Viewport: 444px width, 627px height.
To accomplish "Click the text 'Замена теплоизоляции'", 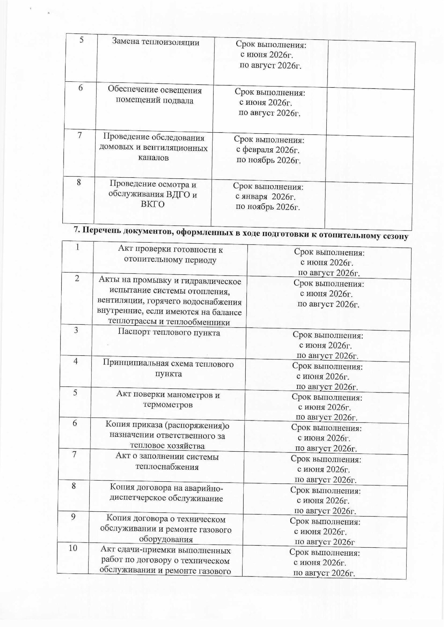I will (x=156, y=42).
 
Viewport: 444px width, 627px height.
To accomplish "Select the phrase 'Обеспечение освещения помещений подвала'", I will (x=155, y=95).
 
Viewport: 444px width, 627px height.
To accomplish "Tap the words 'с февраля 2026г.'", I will (x=268, y=150).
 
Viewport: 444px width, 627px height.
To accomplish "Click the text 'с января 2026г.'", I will (x=265, y=197).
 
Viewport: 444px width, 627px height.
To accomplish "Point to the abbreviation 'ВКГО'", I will (x=153, y=204).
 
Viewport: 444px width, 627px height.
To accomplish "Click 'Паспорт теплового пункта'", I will (x=169, y=332).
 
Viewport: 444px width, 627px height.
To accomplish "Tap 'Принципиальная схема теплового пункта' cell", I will (x=168, y=368).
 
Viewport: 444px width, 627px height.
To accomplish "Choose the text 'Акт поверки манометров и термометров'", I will (x=168, y=400).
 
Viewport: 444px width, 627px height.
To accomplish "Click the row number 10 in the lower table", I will (x=73, y=548).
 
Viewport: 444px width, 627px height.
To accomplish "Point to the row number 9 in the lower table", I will (x=74, y=516).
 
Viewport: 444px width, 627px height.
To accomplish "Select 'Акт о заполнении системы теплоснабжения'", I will (x=167, y=461).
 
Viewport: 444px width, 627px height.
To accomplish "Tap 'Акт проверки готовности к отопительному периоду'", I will (x=170, y=255).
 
